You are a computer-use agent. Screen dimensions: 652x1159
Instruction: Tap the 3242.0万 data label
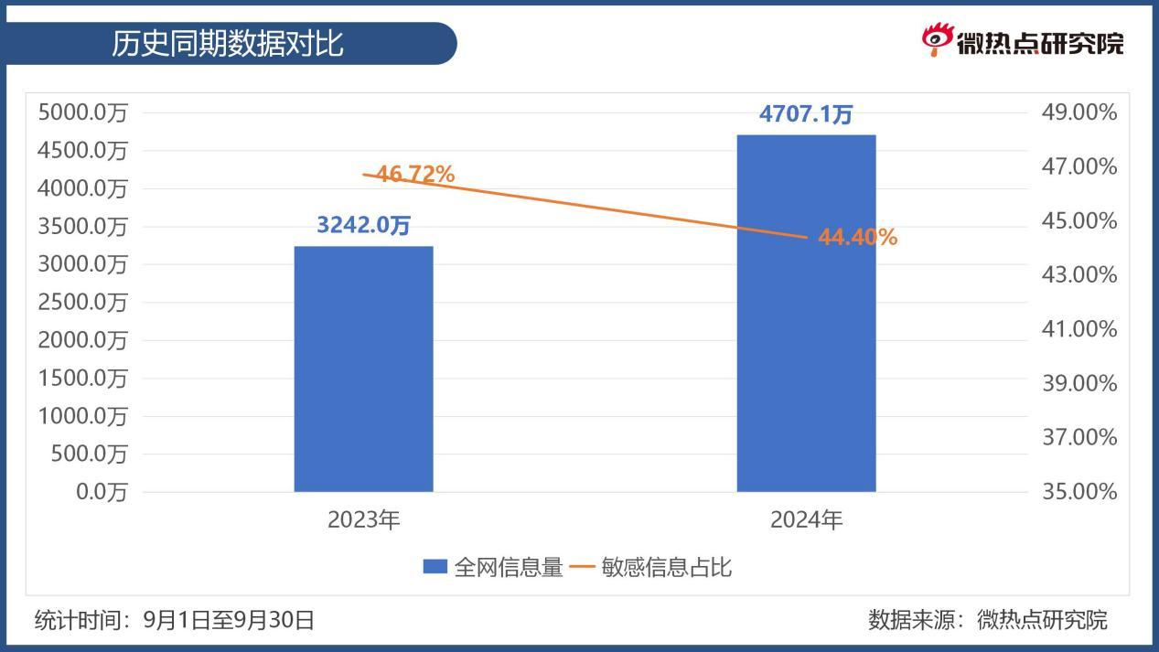363,225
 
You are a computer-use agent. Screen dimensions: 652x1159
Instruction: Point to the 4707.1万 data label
806,114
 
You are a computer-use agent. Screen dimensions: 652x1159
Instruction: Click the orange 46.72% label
415,174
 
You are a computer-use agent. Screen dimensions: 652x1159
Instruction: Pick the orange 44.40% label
857,238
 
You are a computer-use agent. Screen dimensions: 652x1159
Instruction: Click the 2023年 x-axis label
364,520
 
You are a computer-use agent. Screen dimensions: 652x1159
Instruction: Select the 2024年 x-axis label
806,520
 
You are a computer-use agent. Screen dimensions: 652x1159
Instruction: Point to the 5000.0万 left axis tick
82,112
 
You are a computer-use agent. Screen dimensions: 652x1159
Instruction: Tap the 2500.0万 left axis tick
82,303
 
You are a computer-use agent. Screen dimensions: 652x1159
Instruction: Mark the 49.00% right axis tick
1079,112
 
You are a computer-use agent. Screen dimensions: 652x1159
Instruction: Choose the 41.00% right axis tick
1079,329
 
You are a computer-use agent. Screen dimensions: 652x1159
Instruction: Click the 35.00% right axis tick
1079,492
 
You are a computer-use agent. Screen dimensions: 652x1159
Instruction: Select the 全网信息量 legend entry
494,568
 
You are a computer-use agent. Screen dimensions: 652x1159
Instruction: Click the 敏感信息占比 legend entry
652,568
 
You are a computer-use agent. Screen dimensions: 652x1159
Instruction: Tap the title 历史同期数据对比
228,44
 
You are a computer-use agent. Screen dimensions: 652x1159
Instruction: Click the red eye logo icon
936,39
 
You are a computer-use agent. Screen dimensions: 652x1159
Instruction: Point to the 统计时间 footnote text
174,620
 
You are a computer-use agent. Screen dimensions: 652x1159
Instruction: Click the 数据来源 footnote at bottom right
987,620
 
